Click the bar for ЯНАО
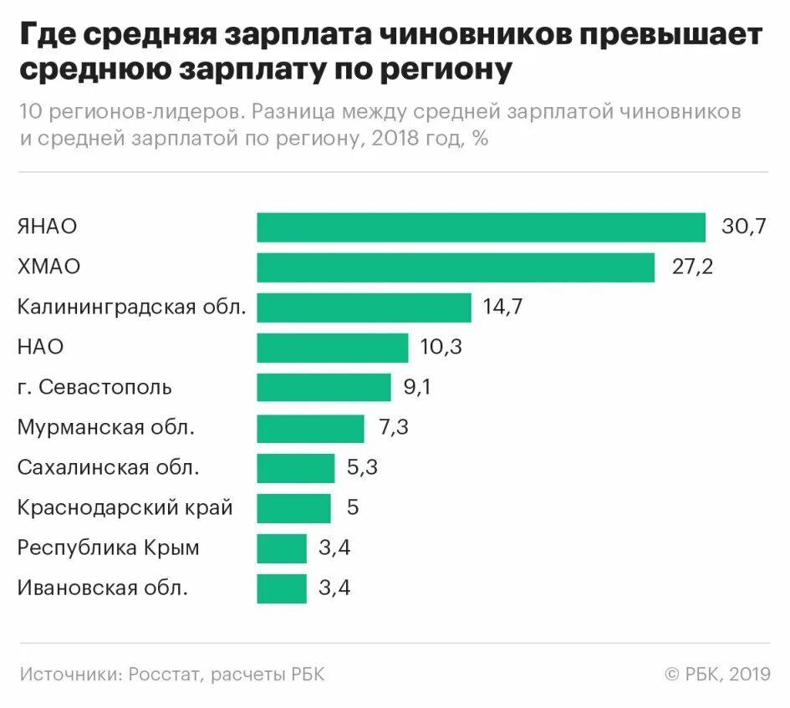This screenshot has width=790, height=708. coord(481,227)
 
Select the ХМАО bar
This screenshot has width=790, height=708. coord(456,267)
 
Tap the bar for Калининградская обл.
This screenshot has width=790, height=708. coord(364,308)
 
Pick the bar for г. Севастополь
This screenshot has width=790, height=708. coord(324,388)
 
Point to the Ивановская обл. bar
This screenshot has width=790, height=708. coord(282,588)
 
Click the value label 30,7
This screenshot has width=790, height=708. coord(744,227)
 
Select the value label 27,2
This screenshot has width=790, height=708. coord(692,267)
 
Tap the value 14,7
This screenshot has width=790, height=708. coord(502,308)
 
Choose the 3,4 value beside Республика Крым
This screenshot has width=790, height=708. coord(334,548)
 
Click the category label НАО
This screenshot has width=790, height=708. coord(40,348)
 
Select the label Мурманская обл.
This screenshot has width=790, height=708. coord(106,428)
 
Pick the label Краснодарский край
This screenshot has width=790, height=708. coord(125,508)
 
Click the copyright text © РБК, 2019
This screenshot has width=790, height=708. coord(717,675)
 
